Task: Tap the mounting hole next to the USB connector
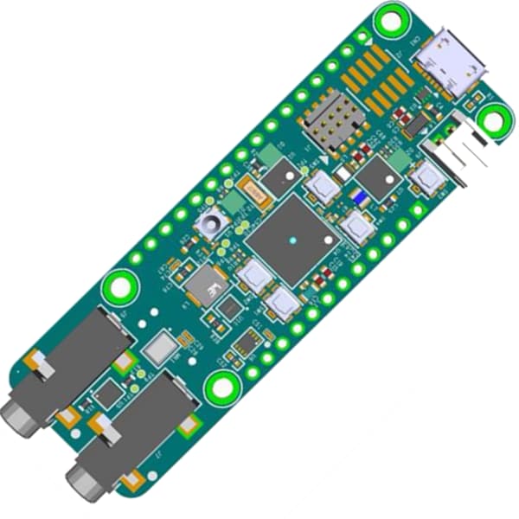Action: (392, 18)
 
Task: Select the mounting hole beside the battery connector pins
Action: (494, 120)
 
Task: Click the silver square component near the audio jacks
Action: (161, 349)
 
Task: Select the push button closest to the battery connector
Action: (425, 179)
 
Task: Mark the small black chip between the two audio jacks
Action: (108, 394)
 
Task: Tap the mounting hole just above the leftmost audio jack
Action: (119, 286)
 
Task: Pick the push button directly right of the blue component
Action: (356, 227)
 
